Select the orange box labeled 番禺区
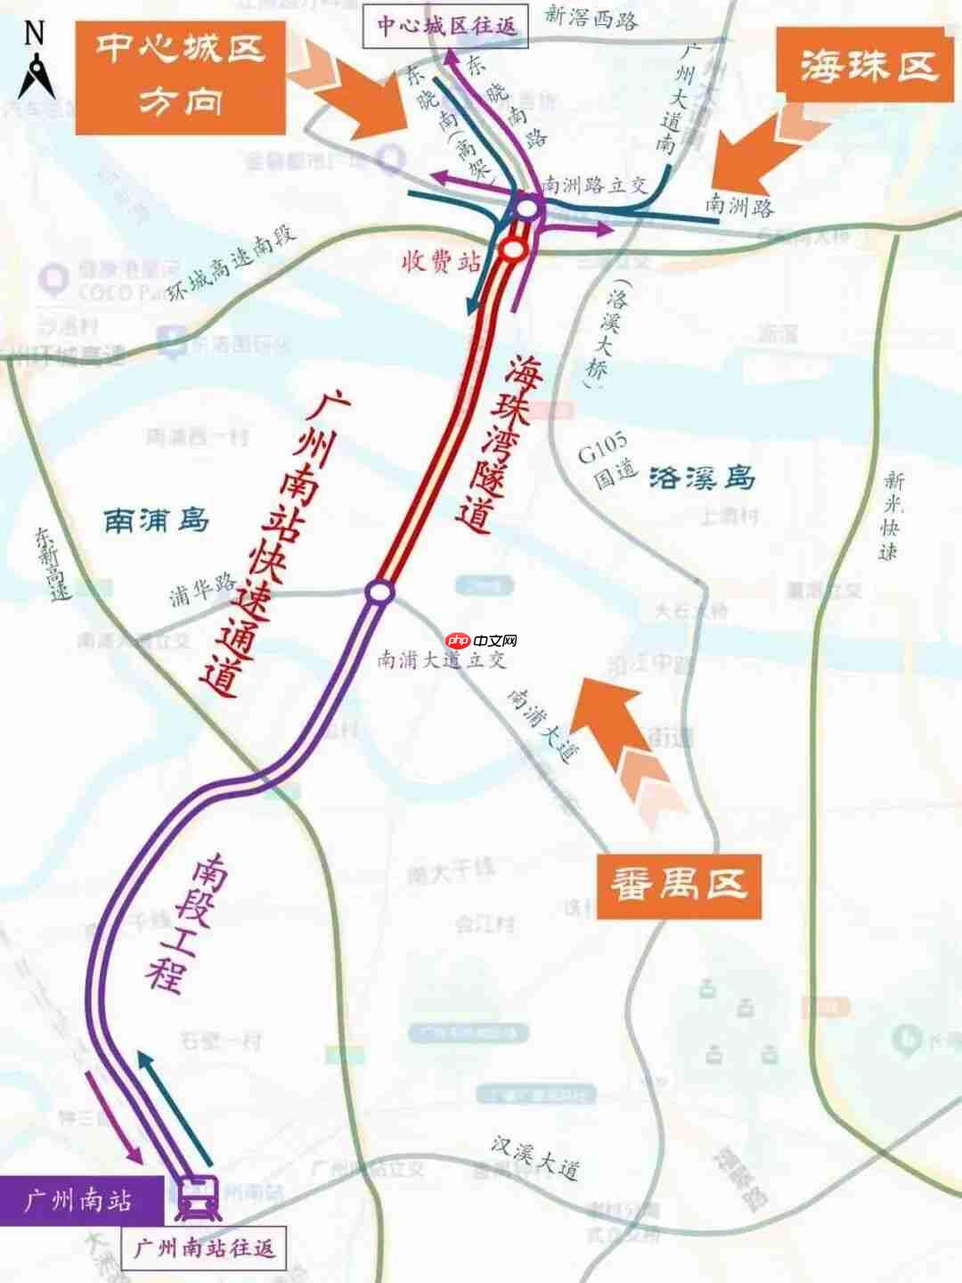pyautogui.click(x=679, y=887)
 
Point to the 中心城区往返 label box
pyautogui.click(x=446, y=26)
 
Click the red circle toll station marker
pyautogui.click(x=513, y=250)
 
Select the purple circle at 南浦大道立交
pyautogui.click(x=379, y=592)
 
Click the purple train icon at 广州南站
pyautogui.click(x=198, y=1197)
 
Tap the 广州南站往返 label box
pyautogui.click(x=204, y=1247)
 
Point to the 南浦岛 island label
pyautogui.click(x=157, y=519)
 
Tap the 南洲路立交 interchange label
pyautogui.click(x=594, y=185)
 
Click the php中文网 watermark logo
pyautogui.click(x=481, y=641)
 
